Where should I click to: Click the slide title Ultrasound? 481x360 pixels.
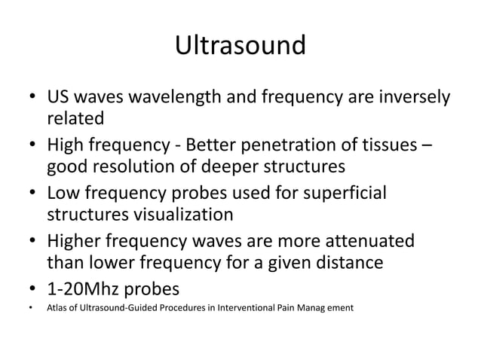click(240, 46)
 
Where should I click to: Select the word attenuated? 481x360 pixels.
click(364, 243)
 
